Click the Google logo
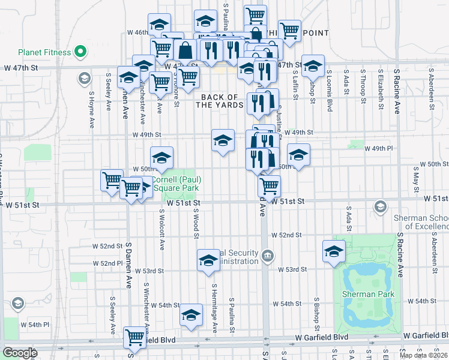pos(20,353)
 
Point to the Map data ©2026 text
pos(424,355)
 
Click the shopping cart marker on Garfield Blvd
pos(136,337)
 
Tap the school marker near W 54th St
pos(191,314)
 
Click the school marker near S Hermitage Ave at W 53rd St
pos(208,260)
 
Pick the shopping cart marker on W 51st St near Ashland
pos(269,186)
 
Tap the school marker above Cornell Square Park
pos(161,158)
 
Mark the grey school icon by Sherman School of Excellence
pos(379,207)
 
